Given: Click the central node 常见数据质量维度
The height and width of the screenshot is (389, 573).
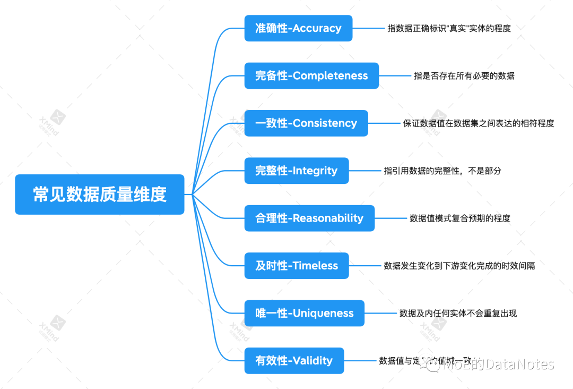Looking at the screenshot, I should click(100, 194).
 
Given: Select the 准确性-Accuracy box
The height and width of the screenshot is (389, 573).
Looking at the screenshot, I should click(298, 28).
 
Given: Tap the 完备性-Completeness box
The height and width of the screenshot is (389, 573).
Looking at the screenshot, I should click(311, 75).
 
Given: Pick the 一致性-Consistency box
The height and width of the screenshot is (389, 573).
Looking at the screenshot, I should click(306, 123).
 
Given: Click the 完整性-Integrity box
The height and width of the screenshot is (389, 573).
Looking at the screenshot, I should click(297, 171).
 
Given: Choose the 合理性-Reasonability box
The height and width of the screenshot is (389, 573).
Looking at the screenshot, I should click(309, 218).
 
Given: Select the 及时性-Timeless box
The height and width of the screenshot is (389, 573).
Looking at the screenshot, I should click(297, 266).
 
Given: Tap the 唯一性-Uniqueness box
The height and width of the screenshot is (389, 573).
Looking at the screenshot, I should click(305, 313).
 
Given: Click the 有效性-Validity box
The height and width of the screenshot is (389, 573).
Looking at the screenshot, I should click(294, 360).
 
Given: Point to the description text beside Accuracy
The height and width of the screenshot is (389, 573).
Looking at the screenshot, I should click(449, 29).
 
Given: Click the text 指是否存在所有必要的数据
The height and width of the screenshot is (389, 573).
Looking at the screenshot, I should click(464, 76).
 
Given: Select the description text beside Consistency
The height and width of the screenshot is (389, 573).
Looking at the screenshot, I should click(478, 123).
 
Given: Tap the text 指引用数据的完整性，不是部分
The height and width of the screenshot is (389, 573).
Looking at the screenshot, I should click(442, 171).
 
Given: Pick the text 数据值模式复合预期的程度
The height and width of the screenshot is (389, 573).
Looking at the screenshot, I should click(459, 218).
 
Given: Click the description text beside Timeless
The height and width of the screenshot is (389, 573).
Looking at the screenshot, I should click(459, 266).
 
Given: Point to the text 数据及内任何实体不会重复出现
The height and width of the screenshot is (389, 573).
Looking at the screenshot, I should click(458, 314).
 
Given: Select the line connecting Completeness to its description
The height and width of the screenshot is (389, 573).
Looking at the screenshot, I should click(396, 75).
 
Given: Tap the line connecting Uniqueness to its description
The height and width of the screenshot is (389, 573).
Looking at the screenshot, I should click(381, 313).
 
